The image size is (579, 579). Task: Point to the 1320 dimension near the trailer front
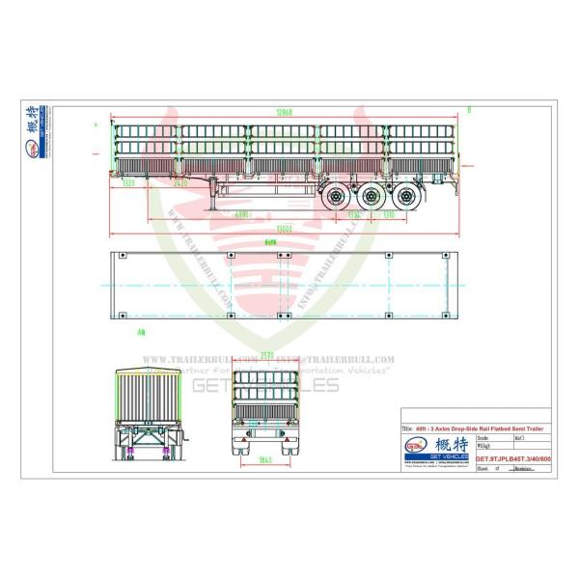point(129,182)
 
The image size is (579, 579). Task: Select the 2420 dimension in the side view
point(180,182)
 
